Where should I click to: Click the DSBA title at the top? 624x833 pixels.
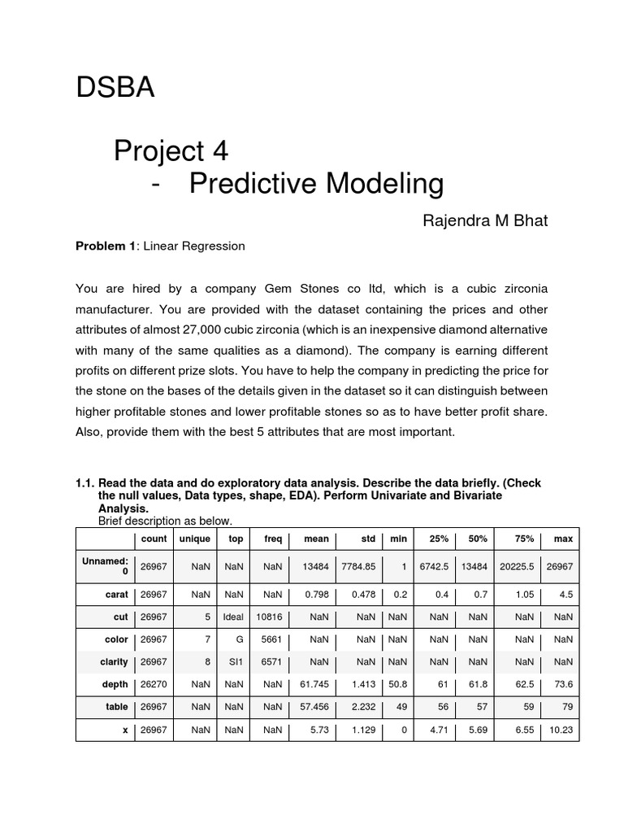coord(115,88)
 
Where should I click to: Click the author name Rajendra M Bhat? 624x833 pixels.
coord(485,220)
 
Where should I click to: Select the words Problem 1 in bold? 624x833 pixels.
coord(106,246)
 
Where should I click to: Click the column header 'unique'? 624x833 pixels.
coord(194,539)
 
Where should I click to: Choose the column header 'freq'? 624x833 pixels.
coord(273,539)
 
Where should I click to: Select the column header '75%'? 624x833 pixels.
coord(524,539)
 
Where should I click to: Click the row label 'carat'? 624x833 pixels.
coord(116,594)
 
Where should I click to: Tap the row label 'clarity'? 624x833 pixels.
coord(114,662)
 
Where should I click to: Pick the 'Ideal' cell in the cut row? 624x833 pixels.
coord(233,617)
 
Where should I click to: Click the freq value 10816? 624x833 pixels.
coord(269,617)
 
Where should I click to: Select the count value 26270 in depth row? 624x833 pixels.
coord(154,685)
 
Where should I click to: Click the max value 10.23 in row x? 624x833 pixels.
coord(561,731)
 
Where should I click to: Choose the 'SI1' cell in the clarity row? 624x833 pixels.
coord(236,662)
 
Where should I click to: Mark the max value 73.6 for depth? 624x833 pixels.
coord(563,685)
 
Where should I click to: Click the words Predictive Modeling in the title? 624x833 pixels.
coord(316,185)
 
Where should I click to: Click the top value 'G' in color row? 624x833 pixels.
coord(240,639)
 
